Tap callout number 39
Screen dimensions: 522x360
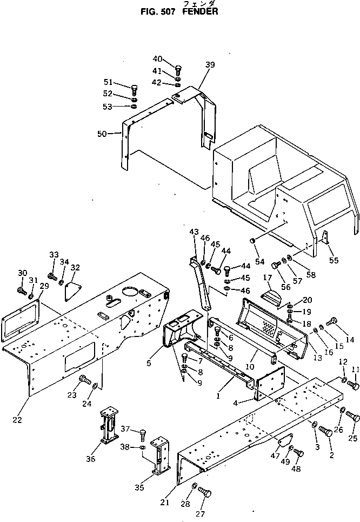[210, 65]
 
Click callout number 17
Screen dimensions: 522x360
[266, 278]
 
